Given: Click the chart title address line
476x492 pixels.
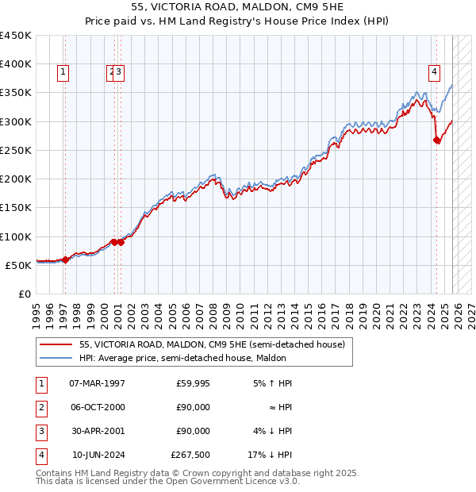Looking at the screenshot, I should click(x=238, y=8).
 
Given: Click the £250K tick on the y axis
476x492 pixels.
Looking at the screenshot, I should click(x=16, y=150).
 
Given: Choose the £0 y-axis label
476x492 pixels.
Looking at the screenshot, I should click(x=24, y=294).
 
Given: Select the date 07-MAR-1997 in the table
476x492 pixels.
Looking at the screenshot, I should click(x=98, y=383).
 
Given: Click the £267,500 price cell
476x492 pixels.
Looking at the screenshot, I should click(x=190, y=455).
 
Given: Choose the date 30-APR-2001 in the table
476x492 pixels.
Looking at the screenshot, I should click(x=98, y=431).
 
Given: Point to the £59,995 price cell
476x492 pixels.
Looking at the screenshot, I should click(x=194, y=383).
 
